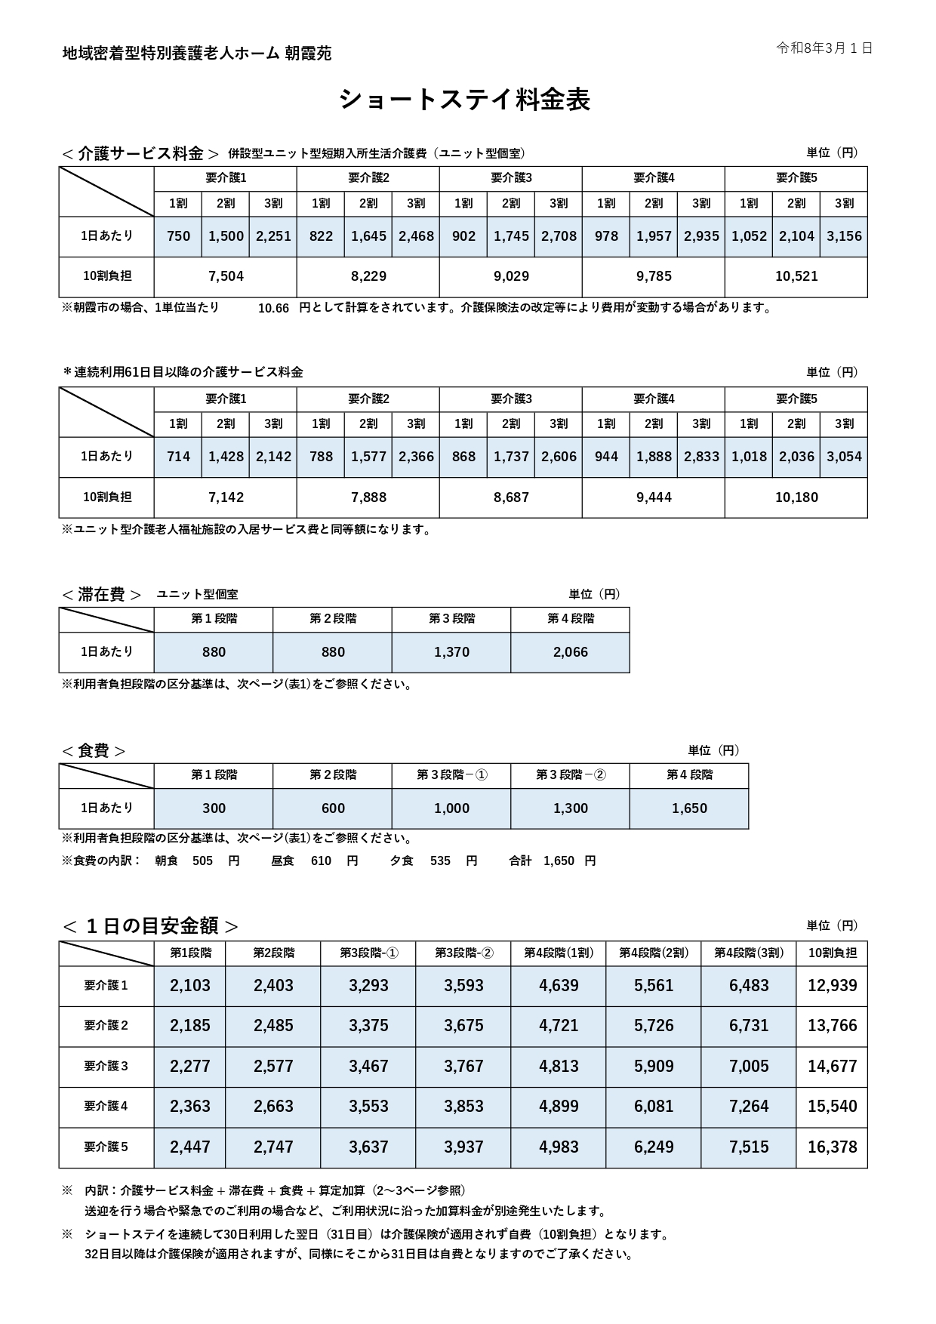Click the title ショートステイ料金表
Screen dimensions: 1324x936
[x=464, y=100]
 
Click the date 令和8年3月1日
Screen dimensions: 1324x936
[x=824, y=48]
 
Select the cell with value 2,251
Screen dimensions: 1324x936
[x=273, y=236]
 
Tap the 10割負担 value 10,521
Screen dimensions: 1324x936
[x=796, y=276]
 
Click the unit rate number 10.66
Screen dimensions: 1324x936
[x=273, y=309]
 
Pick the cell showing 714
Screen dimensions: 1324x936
[x=178, y=457]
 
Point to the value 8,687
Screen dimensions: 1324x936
[x=511, y=497]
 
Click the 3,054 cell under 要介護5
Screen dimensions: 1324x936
[x=844, y=457]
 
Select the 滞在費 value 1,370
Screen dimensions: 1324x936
[x=451, y=652]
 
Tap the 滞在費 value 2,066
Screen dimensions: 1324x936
[x=570, y=652]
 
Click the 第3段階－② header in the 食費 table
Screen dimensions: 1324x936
[x=571, y=775]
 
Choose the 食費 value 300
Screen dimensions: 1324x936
[x=214, y=808]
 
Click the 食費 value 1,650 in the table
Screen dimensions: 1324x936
[x=689, y=808]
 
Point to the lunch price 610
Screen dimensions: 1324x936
[x=321, y=861]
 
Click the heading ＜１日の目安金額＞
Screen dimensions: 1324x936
[x=150, y=925]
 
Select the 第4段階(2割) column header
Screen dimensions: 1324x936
[x=654, y=953]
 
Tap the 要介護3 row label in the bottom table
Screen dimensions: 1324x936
[x=106, y=1066]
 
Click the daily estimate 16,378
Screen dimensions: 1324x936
[x=832, y=1147]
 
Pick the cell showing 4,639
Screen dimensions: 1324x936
[x=559, y=986]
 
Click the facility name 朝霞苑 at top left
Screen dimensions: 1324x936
[x=308, y=54]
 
